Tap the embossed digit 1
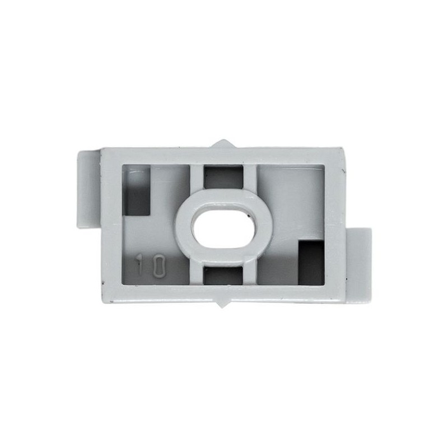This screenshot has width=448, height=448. click(140, 263)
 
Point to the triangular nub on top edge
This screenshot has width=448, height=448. click(223, 144)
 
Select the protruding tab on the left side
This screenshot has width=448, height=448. click(88, 189)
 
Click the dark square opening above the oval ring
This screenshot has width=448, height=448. click(223, 177)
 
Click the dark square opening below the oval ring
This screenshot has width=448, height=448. click(223, 275)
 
